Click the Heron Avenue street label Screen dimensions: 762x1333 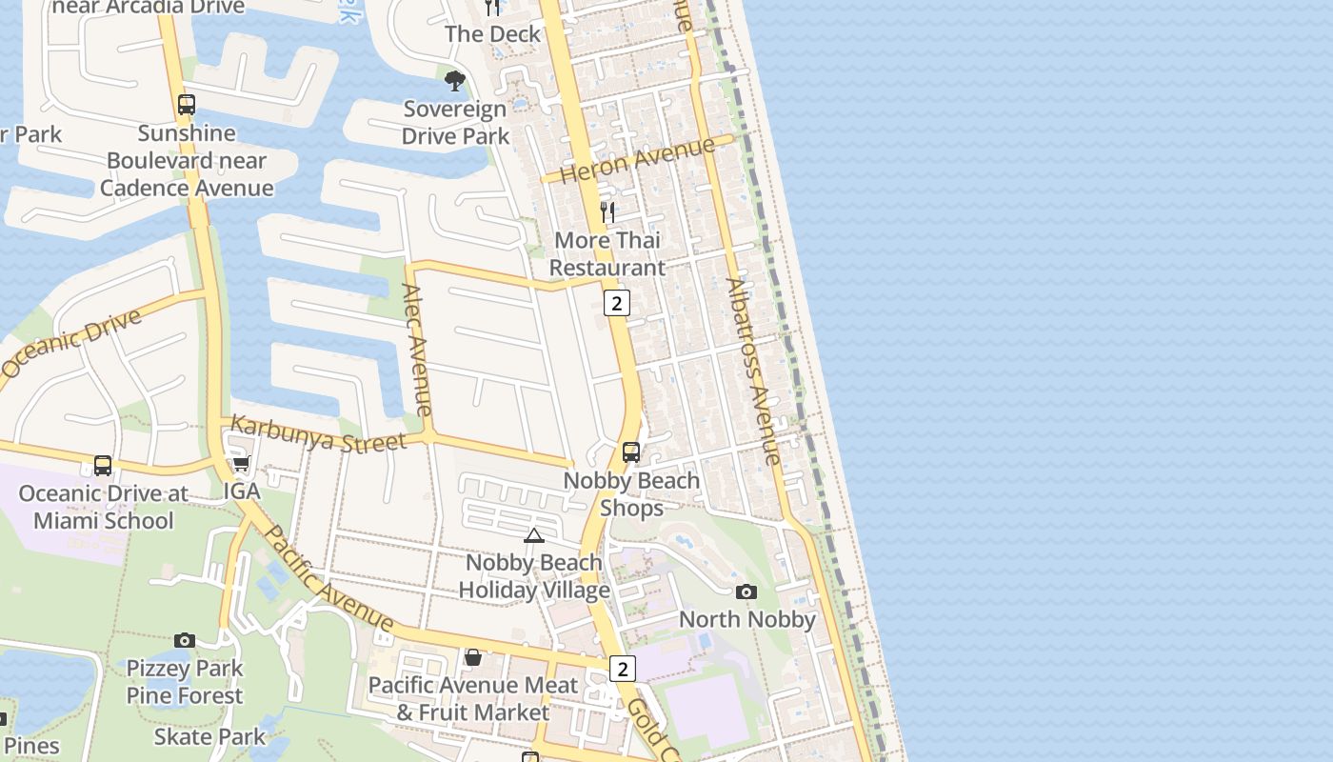point(638,159)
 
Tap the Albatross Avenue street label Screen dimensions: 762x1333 point(753,371)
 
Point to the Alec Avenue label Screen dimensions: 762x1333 point(417,350)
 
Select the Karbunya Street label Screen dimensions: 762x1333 point(319,434)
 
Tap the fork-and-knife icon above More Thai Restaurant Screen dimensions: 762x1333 point(607,211)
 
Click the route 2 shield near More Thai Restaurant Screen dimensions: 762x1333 point(617,303)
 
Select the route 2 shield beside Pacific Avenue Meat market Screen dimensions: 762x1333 point(622,669)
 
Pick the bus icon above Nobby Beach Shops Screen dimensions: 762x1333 point(630,452)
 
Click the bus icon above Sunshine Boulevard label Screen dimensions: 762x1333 point(187,105)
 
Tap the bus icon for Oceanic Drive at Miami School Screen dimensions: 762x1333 point(103,466)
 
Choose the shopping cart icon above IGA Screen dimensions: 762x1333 point(241,464)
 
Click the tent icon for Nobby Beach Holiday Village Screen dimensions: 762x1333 point(533,535)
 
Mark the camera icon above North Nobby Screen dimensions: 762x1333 point(746,592)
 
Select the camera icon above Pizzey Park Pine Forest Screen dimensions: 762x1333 point(185,640)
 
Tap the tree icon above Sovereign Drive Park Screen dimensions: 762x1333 point(455,80)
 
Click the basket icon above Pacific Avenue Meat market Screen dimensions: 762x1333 point(472,657)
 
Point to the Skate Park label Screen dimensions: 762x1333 point(210,736)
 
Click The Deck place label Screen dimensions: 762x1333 point(492,34)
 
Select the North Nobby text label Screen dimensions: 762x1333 point(746,619)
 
